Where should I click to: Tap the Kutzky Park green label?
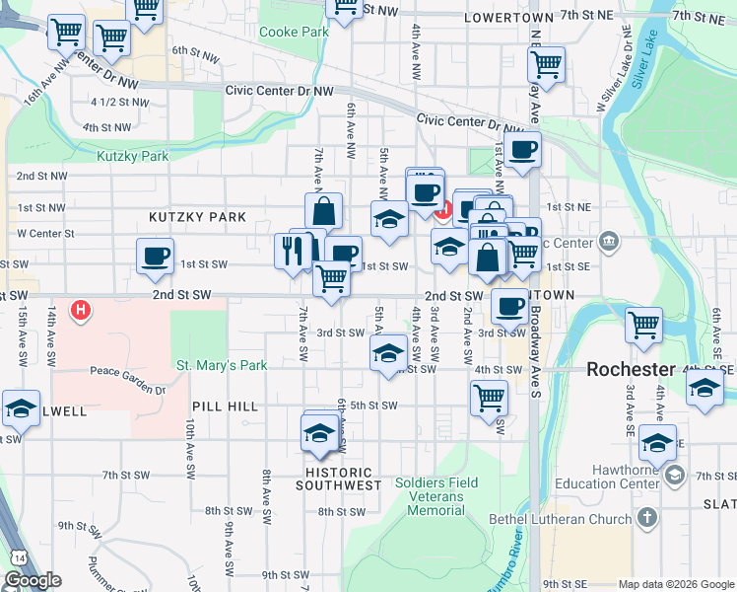coord(132,156)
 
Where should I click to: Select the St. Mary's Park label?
coord(222,365)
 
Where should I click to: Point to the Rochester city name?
coord(632,369)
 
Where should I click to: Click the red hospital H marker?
coord(82,311)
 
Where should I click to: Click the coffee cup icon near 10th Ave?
coord(155,257)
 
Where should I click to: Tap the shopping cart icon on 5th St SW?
coord(489,399)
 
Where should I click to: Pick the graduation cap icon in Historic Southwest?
coord(318,432)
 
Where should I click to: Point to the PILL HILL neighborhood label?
coord(226,407)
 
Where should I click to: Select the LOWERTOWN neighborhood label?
coord(508,18)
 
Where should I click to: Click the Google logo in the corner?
coord(33,580)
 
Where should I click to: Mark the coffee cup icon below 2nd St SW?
coord(508,307)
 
